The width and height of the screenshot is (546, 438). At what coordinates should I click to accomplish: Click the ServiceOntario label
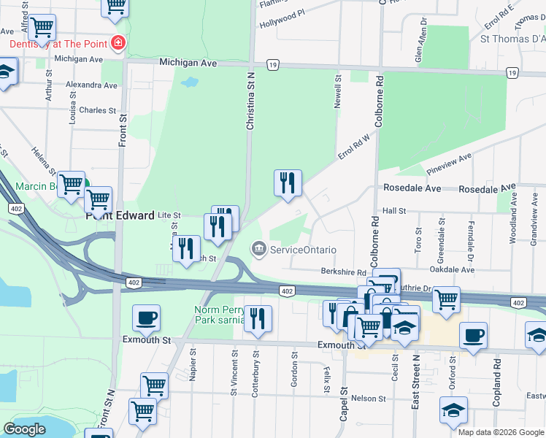[x=303, y=250]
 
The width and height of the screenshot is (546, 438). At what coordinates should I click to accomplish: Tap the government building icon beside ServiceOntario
[x=258, y=250]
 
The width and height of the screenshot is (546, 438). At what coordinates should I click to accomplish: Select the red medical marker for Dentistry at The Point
[x=117, y=44]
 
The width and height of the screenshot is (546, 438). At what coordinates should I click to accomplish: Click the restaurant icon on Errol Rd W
[x=288, y=182]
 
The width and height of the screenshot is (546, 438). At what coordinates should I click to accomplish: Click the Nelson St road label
[x=368, y=398]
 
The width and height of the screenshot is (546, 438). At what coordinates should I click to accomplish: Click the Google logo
[x=24, y=429]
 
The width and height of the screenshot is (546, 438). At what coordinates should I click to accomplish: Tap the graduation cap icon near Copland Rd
[x=453, y=410]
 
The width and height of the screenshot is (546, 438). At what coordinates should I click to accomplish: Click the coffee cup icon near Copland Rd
[x=474, y=335]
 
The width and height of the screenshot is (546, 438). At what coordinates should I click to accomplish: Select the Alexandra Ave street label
[x=91, y=85]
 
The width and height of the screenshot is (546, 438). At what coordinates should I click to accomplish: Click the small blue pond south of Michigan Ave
[x=189, y=82]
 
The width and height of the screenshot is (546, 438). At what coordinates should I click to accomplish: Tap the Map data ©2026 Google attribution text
[x=500, y=432]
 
